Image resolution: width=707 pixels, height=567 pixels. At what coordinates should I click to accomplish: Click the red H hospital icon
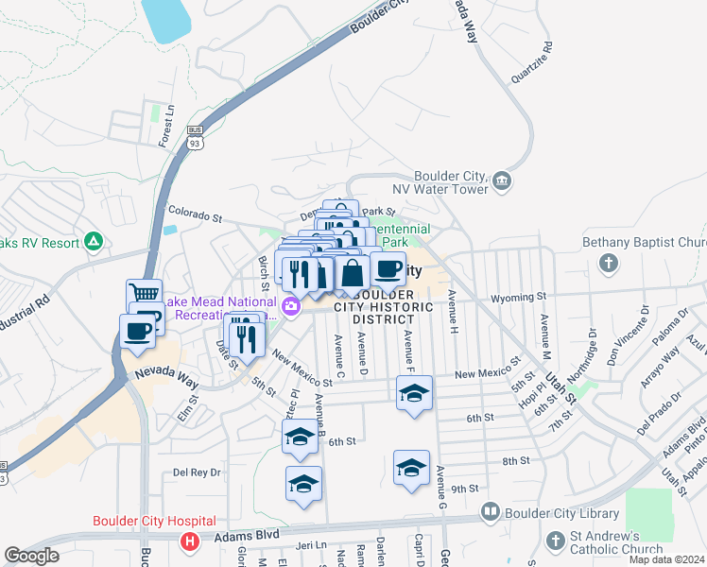pos(190,541)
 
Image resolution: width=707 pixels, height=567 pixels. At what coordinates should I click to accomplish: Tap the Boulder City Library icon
pos(491,513)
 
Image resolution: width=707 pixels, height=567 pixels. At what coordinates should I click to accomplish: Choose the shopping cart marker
pos(145,294)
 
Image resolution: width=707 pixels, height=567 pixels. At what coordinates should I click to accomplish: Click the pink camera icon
pos(292,305)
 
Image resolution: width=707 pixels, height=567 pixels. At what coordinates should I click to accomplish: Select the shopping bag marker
pos(353,273)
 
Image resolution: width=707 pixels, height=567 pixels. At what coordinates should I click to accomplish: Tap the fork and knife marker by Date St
pos(248,339)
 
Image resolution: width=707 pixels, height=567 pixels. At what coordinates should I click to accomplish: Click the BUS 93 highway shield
pos(195,137)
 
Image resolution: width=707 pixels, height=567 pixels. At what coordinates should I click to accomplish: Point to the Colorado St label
pos(194,213)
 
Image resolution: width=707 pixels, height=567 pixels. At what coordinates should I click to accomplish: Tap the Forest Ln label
pos(166,126)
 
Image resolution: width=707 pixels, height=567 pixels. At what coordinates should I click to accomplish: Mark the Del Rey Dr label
pos(197,472)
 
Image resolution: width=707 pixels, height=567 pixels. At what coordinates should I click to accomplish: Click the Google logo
pos(31,556)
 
